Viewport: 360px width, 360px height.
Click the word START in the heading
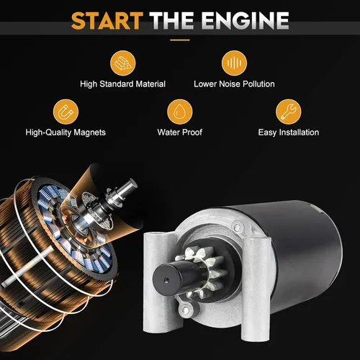tap(107, 21)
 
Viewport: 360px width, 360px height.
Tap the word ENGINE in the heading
tap(246, 21)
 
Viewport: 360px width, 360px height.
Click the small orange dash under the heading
tap(180, 40)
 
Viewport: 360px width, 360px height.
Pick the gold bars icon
tap(123, 63)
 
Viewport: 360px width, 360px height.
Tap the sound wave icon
tap(234, 63)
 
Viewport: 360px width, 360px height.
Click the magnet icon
tap(66, 112)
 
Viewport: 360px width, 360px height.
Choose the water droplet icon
tap(180, 112)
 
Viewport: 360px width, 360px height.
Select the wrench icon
tap(288, 112)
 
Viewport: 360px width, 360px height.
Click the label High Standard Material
tap(123, 84)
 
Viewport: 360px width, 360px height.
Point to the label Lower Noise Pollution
tap(234, 84)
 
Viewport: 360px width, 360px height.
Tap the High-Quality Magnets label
tap(66, 132)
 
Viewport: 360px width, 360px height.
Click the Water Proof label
tap(180, 132)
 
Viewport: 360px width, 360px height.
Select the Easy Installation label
tap(289, 132)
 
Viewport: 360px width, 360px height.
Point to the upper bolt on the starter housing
tap(238, 227)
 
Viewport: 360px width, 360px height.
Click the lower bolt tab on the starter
tap(186, 310)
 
